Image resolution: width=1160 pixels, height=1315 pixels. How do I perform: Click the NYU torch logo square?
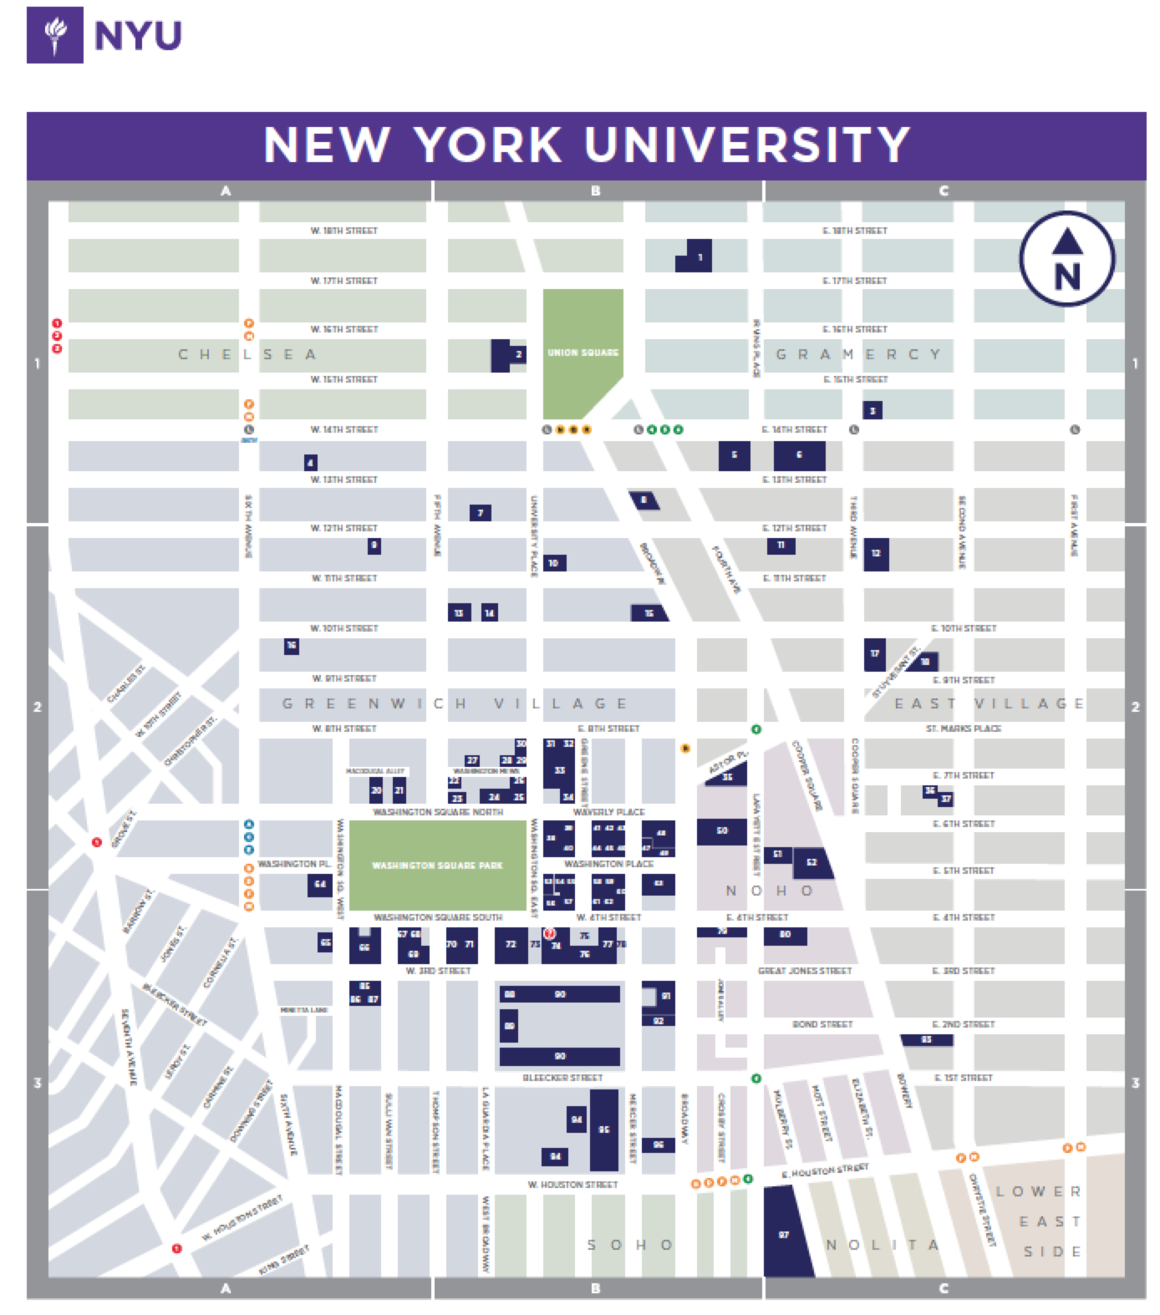tap(55, 35)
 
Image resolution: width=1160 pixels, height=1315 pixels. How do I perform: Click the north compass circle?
tap(1066, 258)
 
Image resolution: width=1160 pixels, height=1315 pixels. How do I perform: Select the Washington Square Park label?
tap(437, 866)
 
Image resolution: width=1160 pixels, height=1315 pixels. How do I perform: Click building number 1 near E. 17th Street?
tap(694, 256)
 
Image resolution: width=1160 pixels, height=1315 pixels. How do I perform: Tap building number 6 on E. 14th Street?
tap(799, 455)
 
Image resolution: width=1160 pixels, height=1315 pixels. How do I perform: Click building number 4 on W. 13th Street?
tap(310, 462)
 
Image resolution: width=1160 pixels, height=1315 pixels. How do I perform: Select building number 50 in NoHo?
tap(721, 831)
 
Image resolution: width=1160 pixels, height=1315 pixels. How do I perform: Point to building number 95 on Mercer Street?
tap(604, 1130)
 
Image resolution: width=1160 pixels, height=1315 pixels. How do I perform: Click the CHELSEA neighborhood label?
tap(248, 354)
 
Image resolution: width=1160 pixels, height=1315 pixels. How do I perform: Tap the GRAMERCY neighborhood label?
tap(858, 354)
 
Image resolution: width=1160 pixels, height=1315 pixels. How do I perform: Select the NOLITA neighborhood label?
tap(883, 1245)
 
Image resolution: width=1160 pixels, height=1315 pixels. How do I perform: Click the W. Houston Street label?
tap(572, 1185)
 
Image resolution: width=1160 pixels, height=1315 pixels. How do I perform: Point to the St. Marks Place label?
tap(963, 729)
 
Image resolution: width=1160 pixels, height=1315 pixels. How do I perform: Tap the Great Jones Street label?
tap(804, 971)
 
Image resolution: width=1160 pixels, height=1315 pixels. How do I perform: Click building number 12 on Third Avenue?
tap(876, 553)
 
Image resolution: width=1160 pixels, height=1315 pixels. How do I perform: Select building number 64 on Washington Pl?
tap(319, 884)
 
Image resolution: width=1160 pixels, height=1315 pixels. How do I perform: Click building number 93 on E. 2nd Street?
tap(926, 1040)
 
